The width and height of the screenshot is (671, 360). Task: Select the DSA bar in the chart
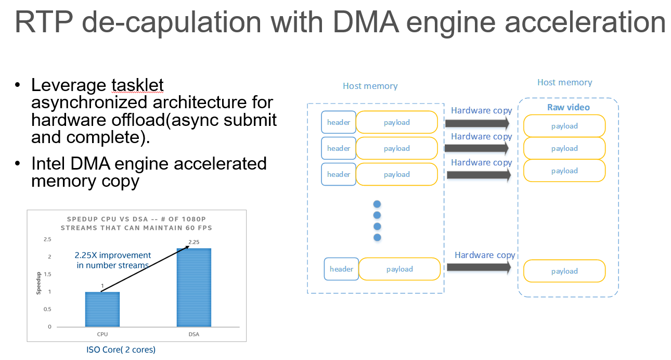pyautogui.click(x=193, y=287)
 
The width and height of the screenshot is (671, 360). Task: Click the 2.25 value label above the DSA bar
pyautogui.click(x=193, y=242)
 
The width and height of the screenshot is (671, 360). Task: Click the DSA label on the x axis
pyautogui.click(x=193, y=334)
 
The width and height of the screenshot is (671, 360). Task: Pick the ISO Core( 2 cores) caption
pyautogui.click(x=121, y=350)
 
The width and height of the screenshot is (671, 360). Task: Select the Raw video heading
pyautogui.click(x=568, y=107)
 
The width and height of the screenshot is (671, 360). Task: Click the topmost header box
pyautogui.click(x=339, y=122)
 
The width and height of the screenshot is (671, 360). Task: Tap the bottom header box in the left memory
pyautogui.click(x=341, y=269)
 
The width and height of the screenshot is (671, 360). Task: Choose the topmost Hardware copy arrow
pyautogui.click(x=477, y=123)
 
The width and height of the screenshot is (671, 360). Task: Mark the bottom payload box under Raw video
pyautogui.click(x=564, y=271)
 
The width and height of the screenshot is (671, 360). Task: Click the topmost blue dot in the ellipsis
pyautogui.click(x=378, y=203)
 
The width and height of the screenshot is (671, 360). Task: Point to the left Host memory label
pyautogui.click(x=370, y=86)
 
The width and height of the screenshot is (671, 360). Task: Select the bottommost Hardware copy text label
pyautogui.click(x=484, y=255)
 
